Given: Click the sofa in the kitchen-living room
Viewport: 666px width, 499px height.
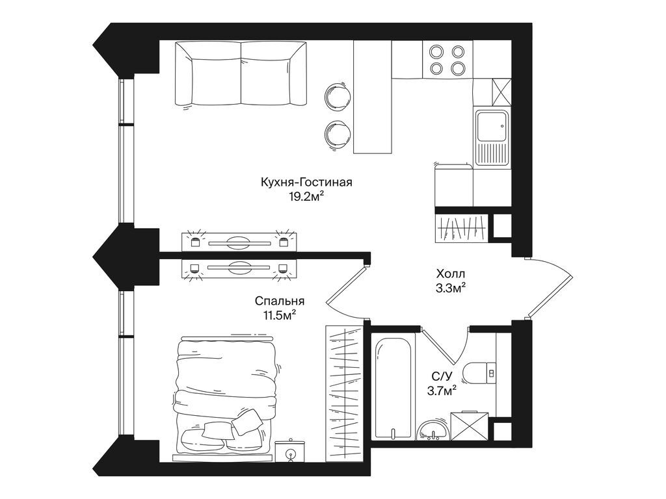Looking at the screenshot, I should pos(241,73).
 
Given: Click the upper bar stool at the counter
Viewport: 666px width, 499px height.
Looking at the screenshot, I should pos(337,96).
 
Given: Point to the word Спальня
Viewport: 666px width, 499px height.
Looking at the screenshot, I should pos(280,301).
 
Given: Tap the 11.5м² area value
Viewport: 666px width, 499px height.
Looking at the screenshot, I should pos(280,315).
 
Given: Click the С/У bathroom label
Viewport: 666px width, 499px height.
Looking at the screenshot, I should pos(440,376).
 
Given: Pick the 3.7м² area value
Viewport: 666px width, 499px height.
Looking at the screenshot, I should pos(440,390).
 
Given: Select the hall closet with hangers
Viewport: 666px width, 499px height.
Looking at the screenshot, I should pos(461,227).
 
